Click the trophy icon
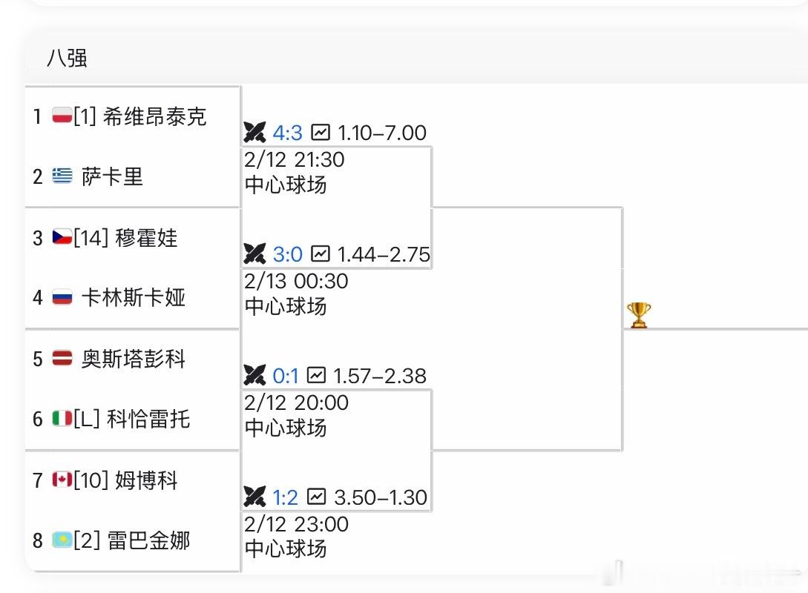[639, 314]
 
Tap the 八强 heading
[67, 58]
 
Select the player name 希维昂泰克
[154, 116]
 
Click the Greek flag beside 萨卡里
[62, 176]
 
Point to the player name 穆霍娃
[146, 238]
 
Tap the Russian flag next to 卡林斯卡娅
[62, 298]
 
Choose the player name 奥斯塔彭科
[134, 359]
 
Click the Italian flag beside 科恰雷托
[62, 419]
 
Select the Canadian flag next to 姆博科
[62, 480]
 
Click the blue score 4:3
[287, 133]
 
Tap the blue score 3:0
[287, 254]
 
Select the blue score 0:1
[286, 376]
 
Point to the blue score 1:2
[286, 497]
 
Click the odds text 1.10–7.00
[381, 133]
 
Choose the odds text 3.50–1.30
[381, 497]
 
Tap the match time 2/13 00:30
[296, 281]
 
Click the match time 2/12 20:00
[296, 402]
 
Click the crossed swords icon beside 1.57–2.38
[254, 376]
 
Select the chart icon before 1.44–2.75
[320, 254]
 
